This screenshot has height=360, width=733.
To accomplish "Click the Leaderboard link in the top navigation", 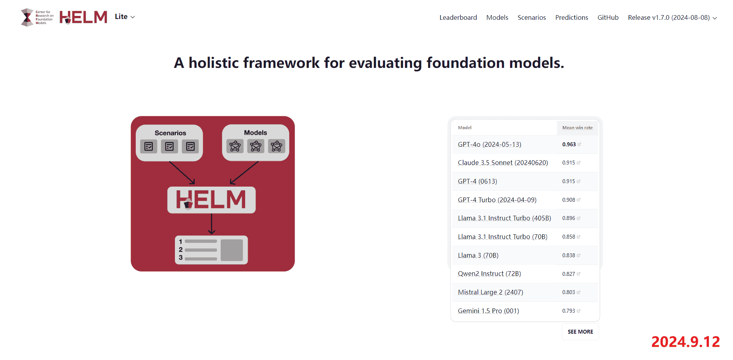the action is click(x=458, y=17).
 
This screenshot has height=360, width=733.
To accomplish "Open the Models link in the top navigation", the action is click(x=497, y=17).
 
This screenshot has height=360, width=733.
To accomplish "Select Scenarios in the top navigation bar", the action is click(x=532, y=17).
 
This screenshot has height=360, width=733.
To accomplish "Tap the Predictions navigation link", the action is click(x=572, y=17).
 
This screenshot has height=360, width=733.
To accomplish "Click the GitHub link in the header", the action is click(x=608, y=17).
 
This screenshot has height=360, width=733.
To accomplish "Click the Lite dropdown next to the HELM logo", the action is click(x=125, y=17).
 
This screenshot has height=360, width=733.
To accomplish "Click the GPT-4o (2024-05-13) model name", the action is click(x=489, y=144).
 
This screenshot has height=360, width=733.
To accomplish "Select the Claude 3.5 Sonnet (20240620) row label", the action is click(x=503, y=163).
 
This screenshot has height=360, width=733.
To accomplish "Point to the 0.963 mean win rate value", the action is click(x=569, y=144).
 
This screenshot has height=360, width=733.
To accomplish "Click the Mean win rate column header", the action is click(x=577, y=128).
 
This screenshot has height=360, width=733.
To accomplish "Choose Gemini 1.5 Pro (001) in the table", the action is click(x=488, y=311).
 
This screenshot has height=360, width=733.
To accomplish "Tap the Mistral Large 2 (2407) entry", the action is click(x=491, y=292).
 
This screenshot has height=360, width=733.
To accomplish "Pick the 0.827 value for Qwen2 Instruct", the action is click(x=569, y=274).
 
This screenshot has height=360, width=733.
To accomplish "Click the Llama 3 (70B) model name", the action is click(x=478, y=255).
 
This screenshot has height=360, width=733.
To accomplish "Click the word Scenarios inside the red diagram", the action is click(x=170, y=133).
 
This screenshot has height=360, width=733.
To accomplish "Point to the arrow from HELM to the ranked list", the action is click(x=211, y=224).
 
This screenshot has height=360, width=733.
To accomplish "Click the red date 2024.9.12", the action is click(x=685, y=342).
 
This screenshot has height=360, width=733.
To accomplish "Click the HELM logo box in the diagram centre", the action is click(x=211, y=200).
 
